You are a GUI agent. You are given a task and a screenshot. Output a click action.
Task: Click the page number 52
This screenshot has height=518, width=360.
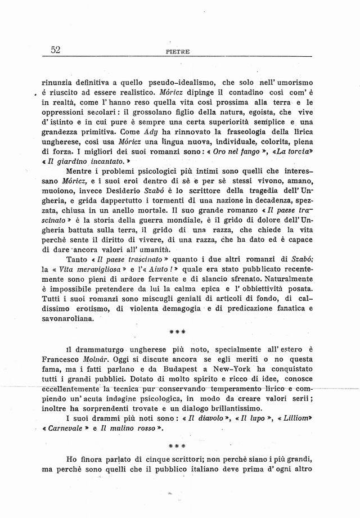(55, 50)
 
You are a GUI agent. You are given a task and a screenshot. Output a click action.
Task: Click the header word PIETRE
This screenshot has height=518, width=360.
(179, 52)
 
